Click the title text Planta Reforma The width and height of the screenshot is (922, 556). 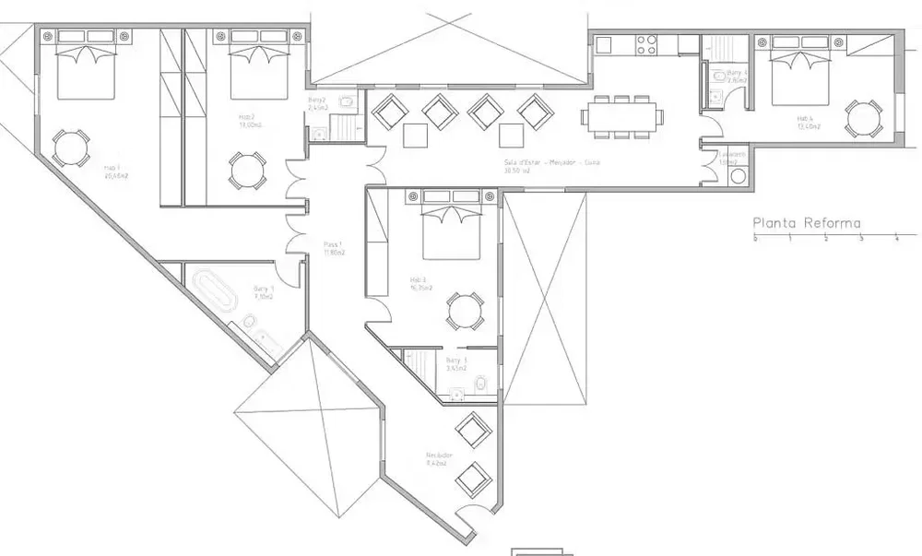(x=807, y=222)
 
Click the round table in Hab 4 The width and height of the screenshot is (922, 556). (x=864, y=118)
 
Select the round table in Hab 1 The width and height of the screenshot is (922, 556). (x=69, y=147)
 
